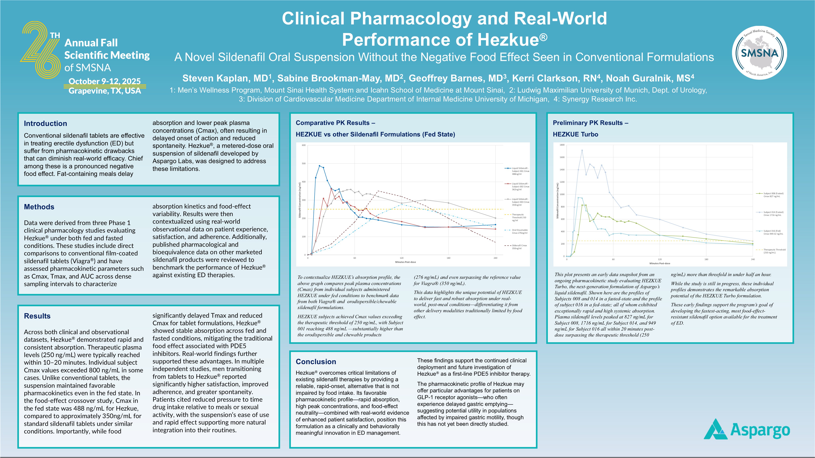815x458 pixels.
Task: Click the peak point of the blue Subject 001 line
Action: pos(320,166)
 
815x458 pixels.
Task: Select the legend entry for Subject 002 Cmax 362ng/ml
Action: pos(520,187)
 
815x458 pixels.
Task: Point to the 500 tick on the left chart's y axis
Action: pos(304,164)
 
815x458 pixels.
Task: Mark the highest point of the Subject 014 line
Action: pos(582,151)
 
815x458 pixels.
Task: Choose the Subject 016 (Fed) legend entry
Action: pos(773,232)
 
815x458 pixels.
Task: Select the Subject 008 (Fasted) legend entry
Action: pos(773,195)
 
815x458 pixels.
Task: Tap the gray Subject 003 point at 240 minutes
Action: pos(495,218)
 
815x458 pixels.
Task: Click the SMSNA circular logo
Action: pos(759,53)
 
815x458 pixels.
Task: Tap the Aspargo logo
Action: pos(747,430)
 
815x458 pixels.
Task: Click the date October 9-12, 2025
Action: pos(104,81)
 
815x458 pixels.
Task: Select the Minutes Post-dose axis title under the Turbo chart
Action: pos(660,263)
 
